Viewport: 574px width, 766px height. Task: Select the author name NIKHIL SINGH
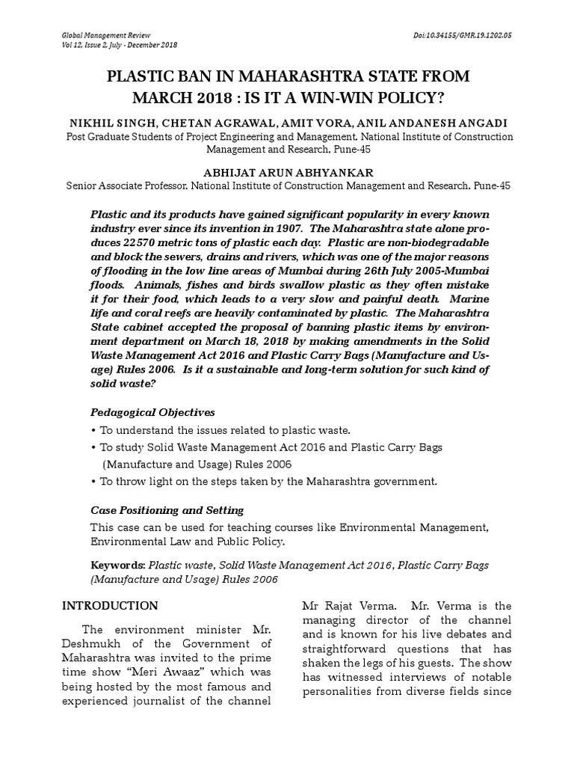point(111,123)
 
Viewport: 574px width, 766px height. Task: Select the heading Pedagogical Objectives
point(152,412)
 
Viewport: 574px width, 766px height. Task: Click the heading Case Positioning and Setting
point(167,510)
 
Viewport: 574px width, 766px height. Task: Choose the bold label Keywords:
point(117,566)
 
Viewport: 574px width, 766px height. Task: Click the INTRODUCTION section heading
point(109,606)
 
